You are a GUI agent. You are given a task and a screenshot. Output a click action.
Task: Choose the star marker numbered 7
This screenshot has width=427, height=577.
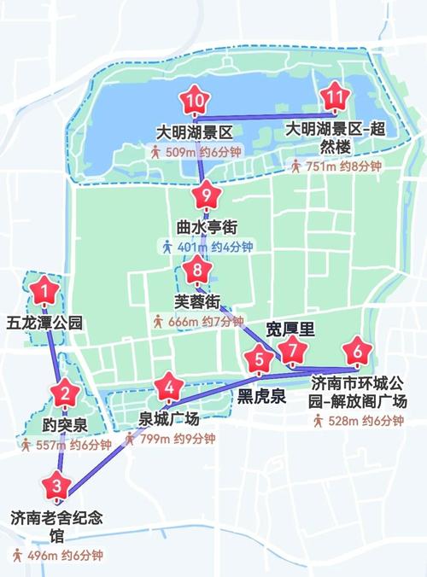click(293, 351)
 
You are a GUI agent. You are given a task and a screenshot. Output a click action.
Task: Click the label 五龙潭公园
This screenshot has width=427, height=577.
click(44, 323)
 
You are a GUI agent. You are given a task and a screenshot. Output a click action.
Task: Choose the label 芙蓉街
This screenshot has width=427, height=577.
click(197, 301)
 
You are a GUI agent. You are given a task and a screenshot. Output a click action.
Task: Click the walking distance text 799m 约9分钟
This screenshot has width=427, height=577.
click(168, 439)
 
